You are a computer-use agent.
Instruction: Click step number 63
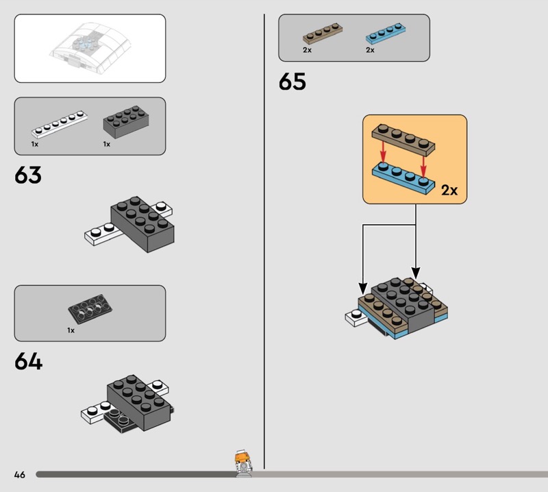pos(28,175)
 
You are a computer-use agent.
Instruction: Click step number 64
pos(28,361)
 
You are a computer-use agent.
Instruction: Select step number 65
pos(292,82)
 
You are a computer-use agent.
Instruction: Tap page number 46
pos(20,474)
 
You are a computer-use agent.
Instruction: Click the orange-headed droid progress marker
pos(243,463)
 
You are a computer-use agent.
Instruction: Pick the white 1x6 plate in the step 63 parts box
pos(60,124)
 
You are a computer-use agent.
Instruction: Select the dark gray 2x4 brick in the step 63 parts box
pos(126,122)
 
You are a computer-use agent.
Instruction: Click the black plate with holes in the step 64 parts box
pos(90,309)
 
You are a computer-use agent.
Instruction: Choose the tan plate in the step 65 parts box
pos(323,34)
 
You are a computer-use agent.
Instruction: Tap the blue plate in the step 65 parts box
pos(386,34)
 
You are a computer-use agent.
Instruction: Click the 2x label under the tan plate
pos(307,50)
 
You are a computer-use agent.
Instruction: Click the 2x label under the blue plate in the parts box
pos(370,50)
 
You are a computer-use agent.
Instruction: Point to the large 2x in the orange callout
pos(449,190)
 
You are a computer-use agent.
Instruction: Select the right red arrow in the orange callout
pos(423,166)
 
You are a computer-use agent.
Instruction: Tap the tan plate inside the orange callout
pos(403,140)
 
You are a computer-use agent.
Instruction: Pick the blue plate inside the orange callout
pos(403,177)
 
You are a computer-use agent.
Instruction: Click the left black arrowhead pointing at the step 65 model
pos(363,288)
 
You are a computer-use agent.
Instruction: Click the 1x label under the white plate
pos(35,144)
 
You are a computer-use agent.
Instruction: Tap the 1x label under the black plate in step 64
pos(71,330)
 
